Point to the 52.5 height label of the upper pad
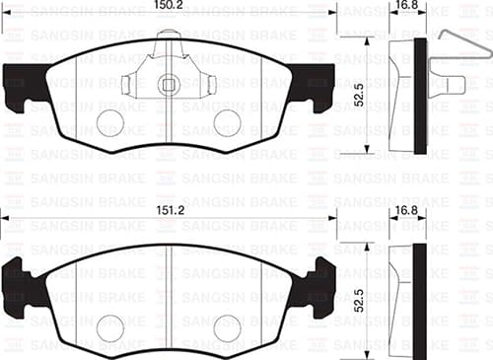point(360,96)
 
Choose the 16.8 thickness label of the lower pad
point(405,211)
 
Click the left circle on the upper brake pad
point(110,123)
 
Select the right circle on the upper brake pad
point(228,122)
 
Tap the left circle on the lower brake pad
point(110,326)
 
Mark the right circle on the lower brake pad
point(228,326)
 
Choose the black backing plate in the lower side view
point(419,301)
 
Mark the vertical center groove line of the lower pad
point(171,296)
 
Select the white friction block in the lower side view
point(399,301)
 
